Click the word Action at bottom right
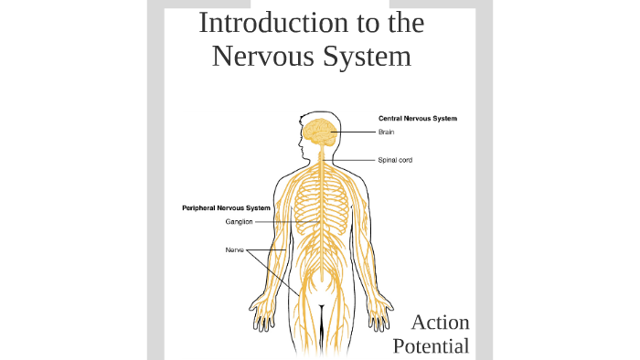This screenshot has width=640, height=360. (440, 323)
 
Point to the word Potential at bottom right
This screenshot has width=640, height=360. (431, 345)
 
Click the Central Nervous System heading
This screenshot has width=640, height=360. (418, 119)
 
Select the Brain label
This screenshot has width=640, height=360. (386, 132)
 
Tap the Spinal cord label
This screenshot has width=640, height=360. (395, 161)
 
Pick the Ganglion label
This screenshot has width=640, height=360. (239, 222)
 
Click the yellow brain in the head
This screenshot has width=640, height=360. (320, 133)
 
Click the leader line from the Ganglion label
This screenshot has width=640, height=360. (284, 222)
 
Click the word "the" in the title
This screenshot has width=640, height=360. (403, 23)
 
